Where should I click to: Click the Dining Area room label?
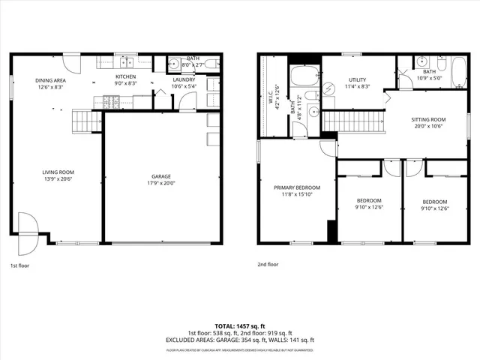49,81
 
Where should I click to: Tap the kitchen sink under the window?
125,63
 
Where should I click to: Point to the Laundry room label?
184,79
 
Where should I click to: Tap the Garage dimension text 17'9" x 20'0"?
162,184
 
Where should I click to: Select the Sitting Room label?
428,120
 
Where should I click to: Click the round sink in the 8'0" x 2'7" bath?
173,64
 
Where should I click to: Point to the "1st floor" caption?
20,265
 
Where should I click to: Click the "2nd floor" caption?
268,265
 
